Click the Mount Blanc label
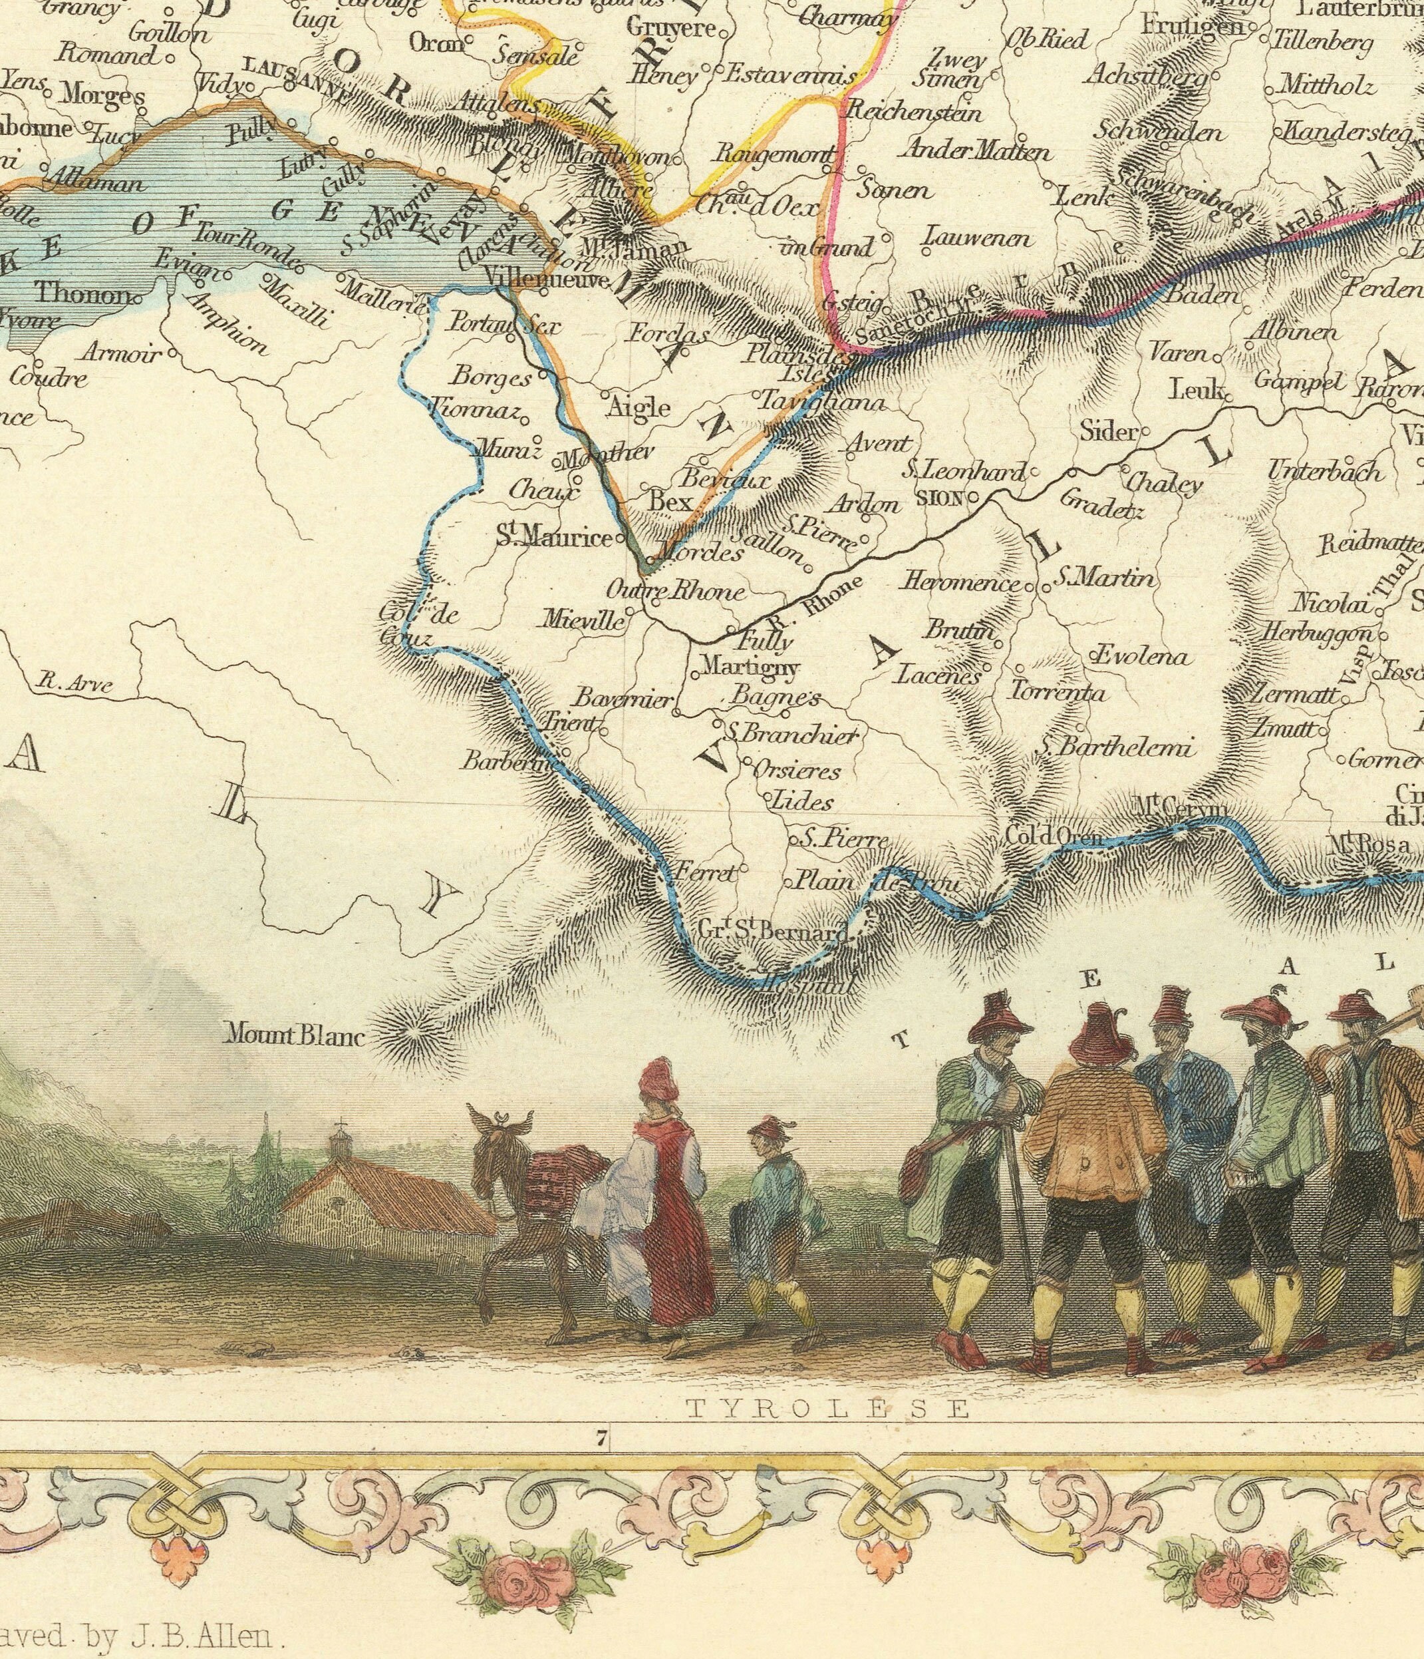click(x=295, y=1037)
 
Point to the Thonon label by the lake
click(x=82, y=293)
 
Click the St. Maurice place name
click(x=554, y=536)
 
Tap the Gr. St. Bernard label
click(x=772, y=930)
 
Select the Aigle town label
click(x=638, y=407)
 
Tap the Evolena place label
click(x=1140, y=657)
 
